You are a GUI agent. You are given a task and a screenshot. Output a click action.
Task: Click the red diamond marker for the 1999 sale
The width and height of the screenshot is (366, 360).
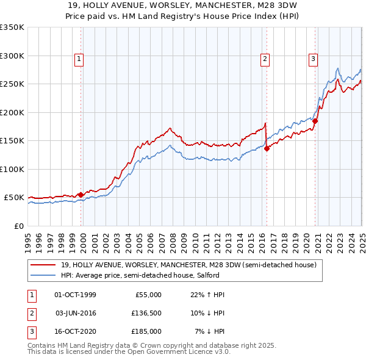(x=81, y=195)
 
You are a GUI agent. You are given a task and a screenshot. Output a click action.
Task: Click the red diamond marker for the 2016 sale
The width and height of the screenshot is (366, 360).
(x=267, y=148)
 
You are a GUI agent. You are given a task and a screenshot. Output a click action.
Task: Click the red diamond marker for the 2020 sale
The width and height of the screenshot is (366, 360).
(x=315, y=121)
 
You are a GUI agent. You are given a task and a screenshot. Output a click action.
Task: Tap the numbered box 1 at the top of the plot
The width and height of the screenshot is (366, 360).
(x=79, y=59)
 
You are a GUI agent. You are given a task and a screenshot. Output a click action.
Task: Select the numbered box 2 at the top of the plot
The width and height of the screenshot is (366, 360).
(x=265, y=59)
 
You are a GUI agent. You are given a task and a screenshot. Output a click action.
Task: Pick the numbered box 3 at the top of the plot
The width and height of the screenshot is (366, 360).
(x=313, y=59)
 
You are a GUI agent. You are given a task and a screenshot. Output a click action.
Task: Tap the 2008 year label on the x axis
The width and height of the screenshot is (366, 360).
(x=173, y=242)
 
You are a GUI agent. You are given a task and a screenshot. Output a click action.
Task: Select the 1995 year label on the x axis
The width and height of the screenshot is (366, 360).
(x=28, y=242)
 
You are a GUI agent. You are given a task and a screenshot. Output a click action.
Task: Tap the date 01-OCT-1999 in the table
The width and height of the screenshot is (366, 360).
(x=75, y=295)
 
